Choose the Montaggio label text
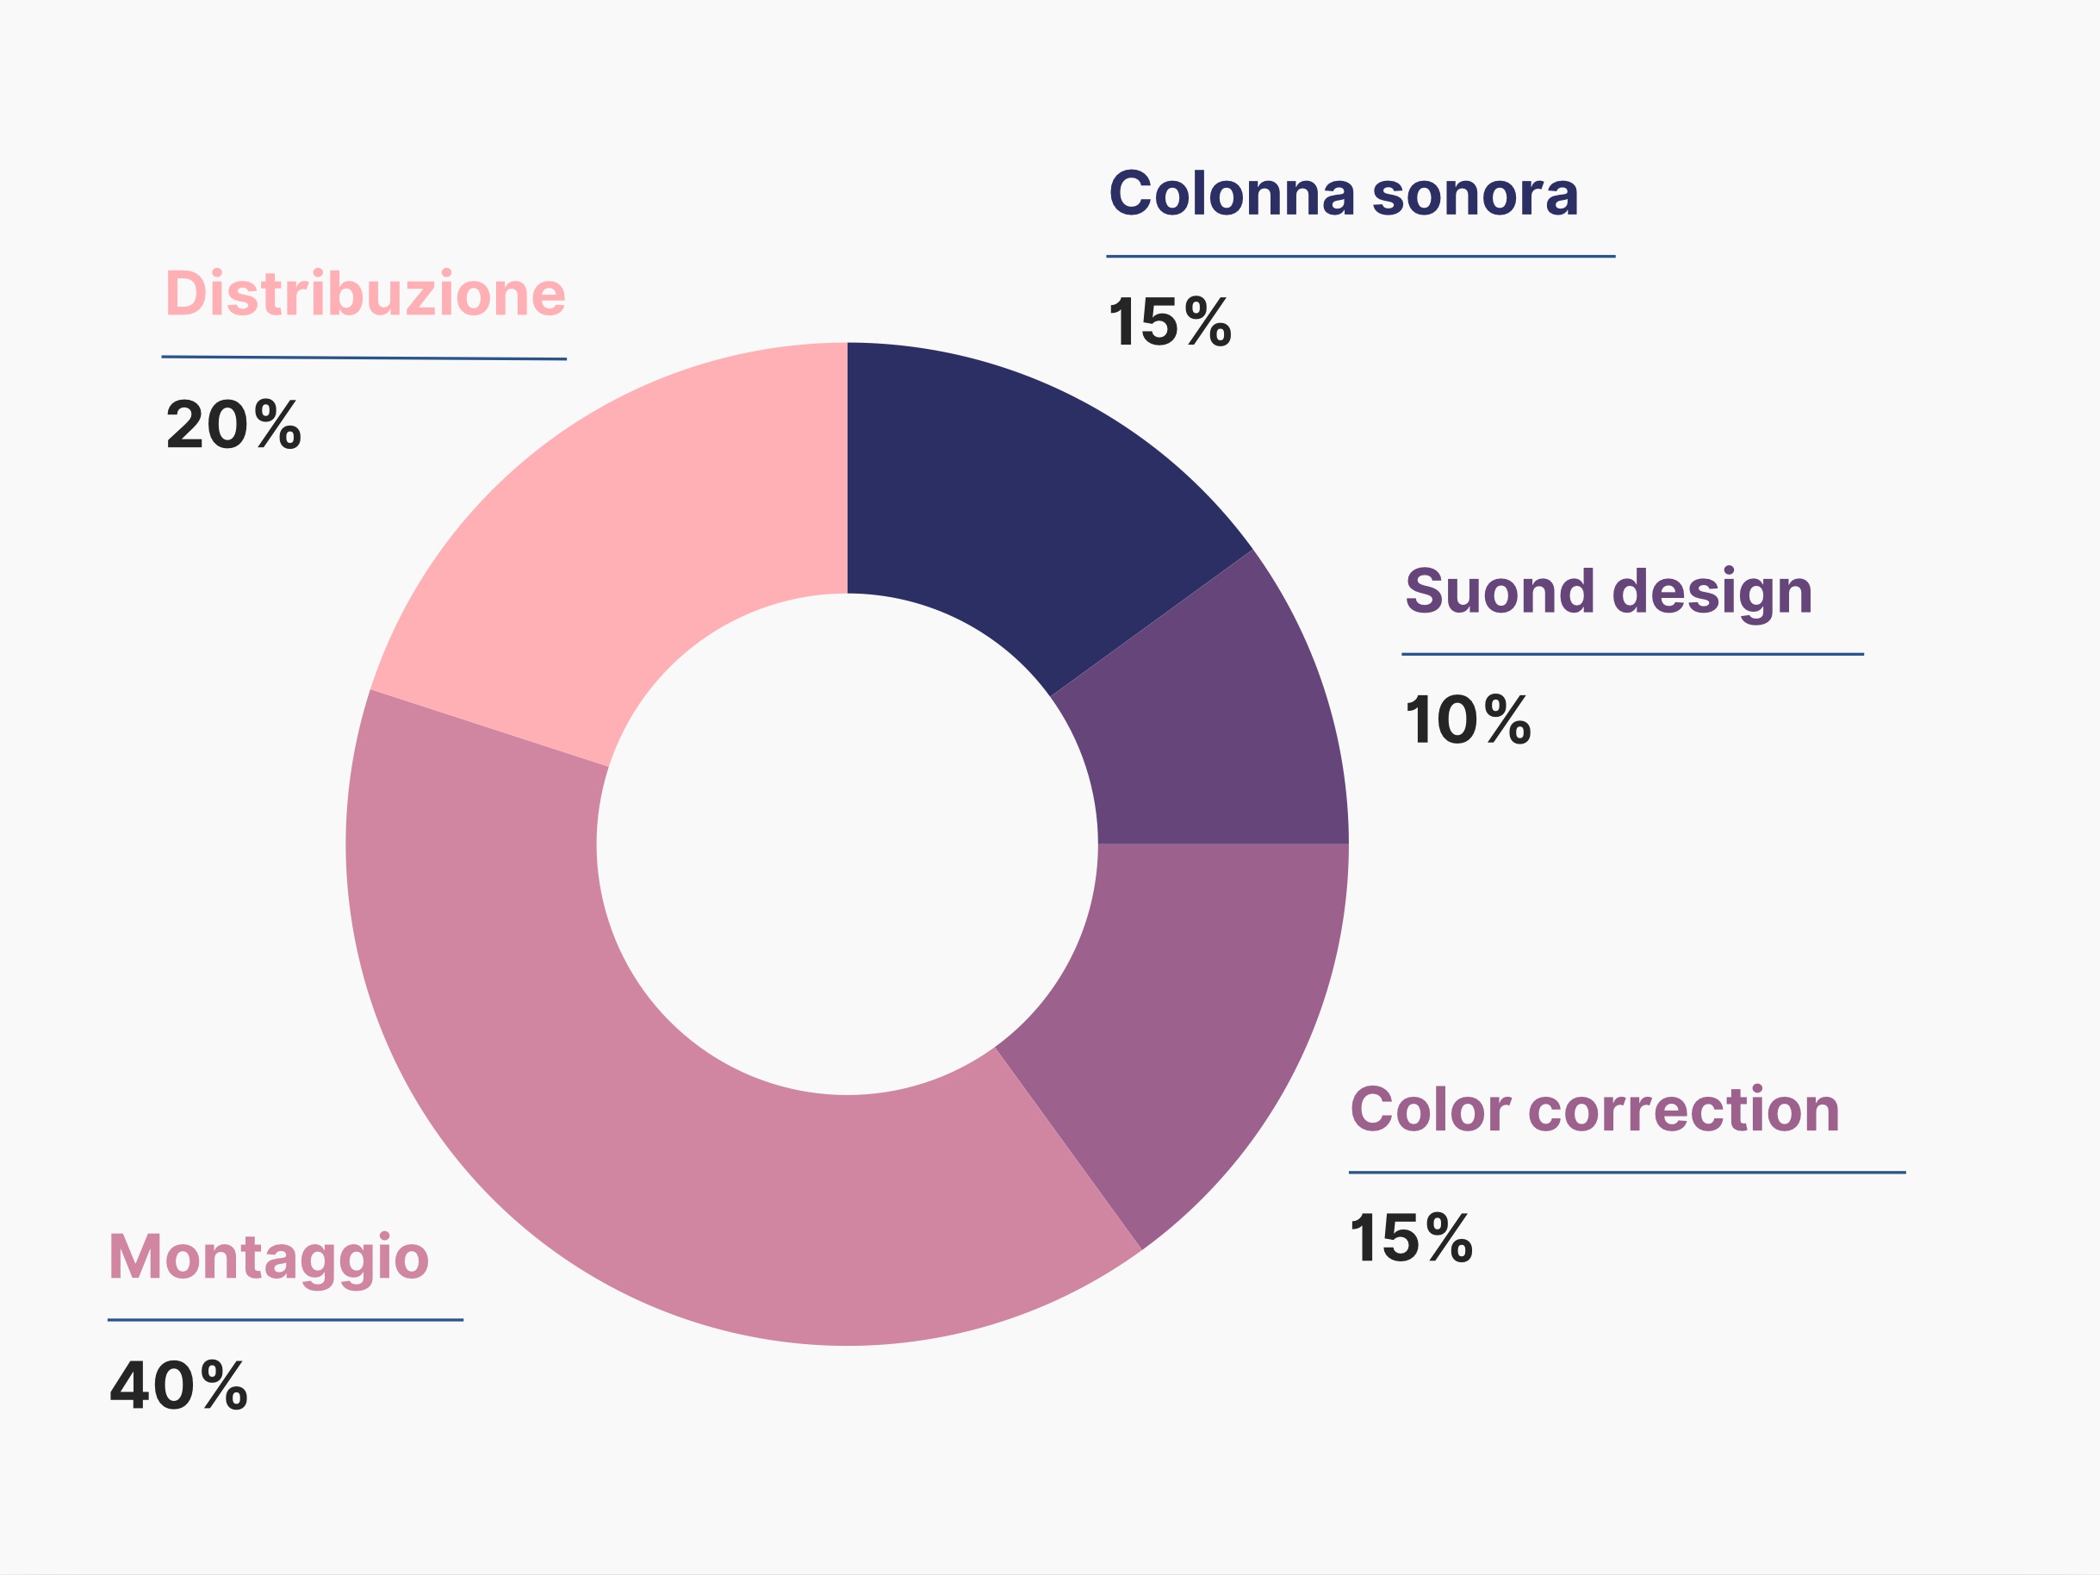point(269,1261)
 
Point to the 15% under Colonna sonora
point(1170,322)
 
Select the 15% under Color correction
point(1412,1238)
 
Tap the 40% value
point(178,1385)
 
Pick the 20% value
point(233,425)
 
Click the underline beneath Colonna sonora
point(1360,257)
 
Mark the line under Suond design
point(1633,654)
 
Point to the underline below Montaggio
point(285,1320)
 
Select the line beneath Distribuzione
point(363,358)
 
